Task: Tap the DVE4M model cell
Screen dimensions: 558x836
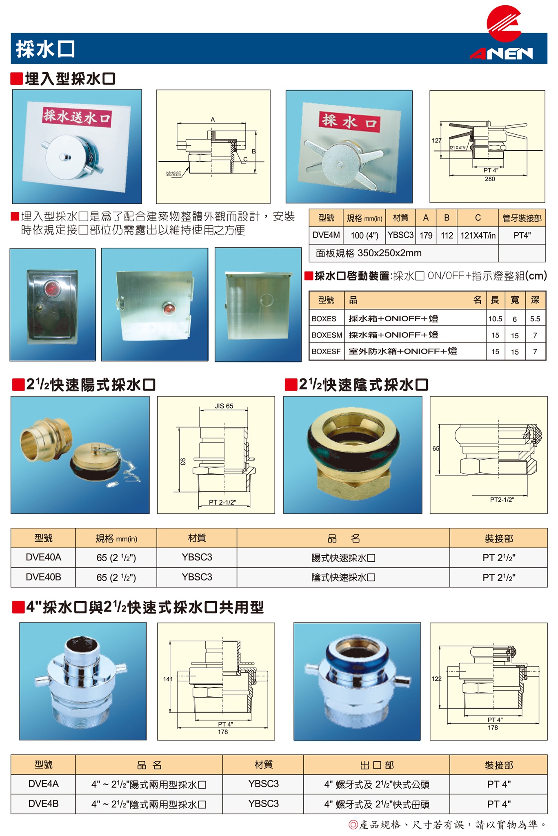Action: coord(326,235)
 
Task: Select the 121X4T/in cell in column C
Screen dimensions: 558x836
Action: coord(478,235)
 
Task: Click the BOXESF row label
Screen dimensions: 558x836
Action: coord(326,351)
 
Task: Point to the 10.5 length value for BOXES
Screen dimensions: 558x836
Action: coord(495,319)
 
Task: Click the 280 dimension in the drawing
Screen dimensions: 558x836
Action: coord(490,179)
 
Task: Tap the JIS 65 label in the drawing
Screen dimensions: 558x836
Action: coord(224,406)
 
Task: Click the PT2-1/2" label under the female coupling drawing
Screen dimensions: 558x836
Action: coord(502,499)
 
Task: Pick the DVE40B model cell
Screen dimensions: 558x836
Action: coord(43,577)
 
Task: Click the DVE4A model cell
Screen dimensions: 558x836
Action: coord(43,784)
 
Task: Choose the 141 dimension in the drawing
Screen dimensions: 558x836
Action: coord(168,679)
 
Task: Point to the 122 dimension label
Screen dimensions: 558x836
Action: coord(436,679)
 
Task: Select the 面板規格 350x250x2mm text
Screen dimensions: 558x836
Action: coord(369,253)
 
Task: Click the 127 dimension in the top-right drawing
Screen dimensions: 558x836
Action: coord(436,140)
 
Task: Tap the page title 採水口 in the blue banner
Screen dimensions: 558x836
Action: coord(45,49)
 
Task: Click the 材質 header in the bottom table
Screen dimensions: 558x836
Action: coord(263,765)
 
